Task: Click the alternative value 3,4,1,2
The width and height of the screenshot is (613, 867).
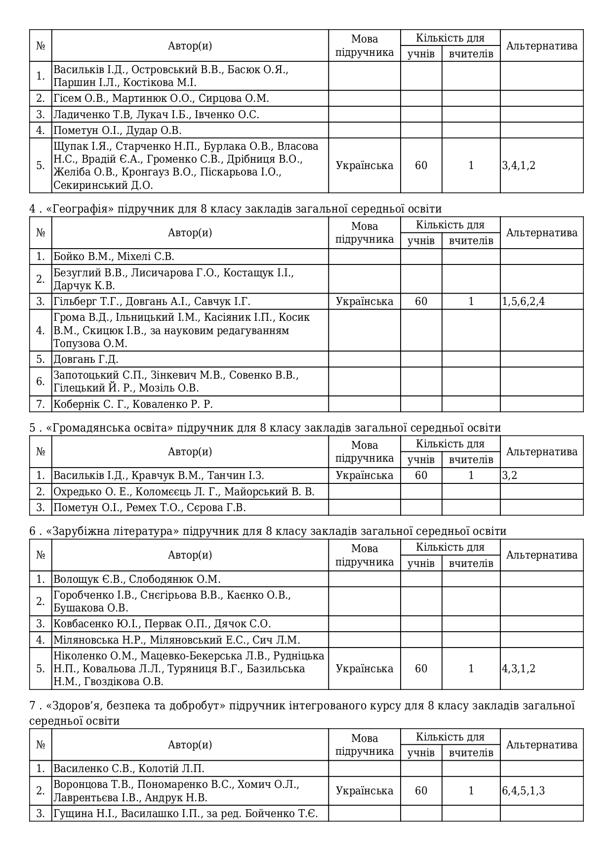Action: point(519,166)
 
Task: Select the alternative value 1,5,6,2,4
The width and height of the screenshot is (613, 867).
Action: point(524,302)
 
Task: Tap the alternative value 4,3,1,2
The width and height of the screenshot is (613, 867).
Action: point(519,669)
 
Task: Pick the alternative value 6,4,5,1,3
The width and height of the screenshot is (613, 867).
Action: point(524,791)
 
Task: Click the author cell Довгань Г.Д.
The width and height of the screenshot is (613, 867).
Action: point(86,359)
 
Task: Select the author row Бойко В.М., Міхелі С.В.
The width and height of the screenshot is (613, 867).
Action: point(114,257)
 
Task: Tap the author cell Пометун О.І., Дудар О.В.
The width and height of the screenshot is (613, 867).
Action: point(118,130)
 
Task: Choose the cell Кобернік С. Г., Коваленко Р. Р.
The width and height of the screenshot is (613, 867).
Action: point(133,404)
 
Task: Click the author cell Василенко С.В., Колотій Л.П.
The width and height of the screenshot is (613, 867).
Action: point(128,769)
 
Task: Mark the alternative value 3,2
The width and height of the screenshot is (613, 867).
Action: point(510,476)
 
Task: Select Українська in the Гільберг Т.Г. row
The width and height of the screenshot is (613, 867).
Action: point(365,302)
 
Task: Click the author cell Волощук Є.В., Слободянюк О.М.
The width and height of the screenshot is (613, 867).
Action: point(137,579)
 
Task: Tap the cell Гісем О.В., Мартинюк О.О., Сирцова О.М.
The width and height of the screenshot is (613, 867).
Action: point(161,98)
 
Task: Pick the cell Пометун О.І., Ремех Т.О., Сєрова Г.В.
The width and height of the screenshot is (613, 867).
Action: point(149,508)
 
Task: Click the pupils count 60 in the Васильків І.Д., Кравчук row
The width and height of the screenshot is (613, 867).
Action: point(421,476)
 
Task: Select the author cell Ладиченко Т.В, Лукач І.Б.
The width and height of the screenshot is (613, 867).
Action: point(156,115)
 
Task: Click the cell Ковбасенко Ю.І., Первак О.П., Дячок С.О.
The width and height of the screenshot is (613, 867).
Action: point(162,624)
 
